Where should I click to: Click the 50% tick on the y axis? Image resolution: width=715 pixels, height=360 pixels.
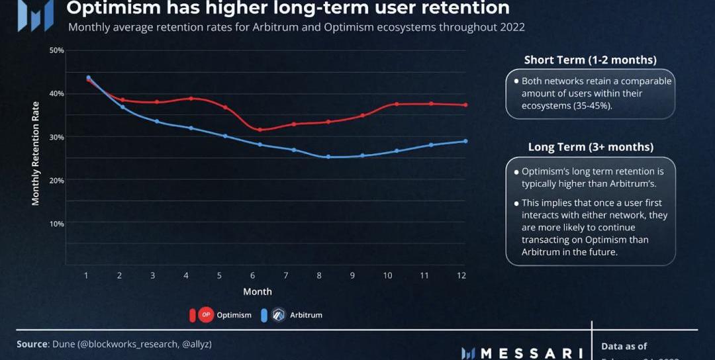coord(56,50)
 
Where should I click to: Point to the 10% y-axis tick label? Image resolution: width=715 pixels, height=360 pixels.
coord(56,224)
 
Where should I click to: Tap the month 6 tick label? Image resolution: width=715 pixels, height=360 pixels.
coord(252,275)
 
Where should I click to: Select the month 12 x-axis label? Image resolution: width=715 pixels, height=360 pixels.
coord(461,275)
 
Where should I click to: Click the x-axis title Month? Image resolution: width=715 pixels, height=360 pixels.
coord(258,291)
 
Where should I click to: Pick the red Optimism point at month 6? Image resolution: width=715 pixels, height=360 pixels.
coord(260,130)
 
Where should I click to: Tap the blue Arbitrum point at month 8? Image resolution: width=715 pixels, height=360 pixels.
coord(328,157)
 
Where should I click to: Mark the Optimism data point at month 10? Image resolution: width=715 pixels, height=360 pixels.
coord(397,104)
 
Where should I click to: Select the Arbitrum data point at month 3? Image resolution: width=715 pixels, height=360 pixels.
coord(157,121)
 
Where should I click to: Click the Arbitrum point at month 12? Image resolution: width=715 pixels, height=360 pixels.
coord(465,141)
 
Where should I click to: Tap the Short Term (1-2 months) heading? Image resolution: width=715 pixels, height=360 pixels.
coord(590,60)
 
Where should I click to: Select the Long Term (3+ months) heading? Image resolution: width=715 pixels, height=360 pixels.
coord(591,147)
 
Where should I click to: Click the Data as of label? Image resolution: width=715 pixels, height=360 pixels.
coord(624,346)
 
